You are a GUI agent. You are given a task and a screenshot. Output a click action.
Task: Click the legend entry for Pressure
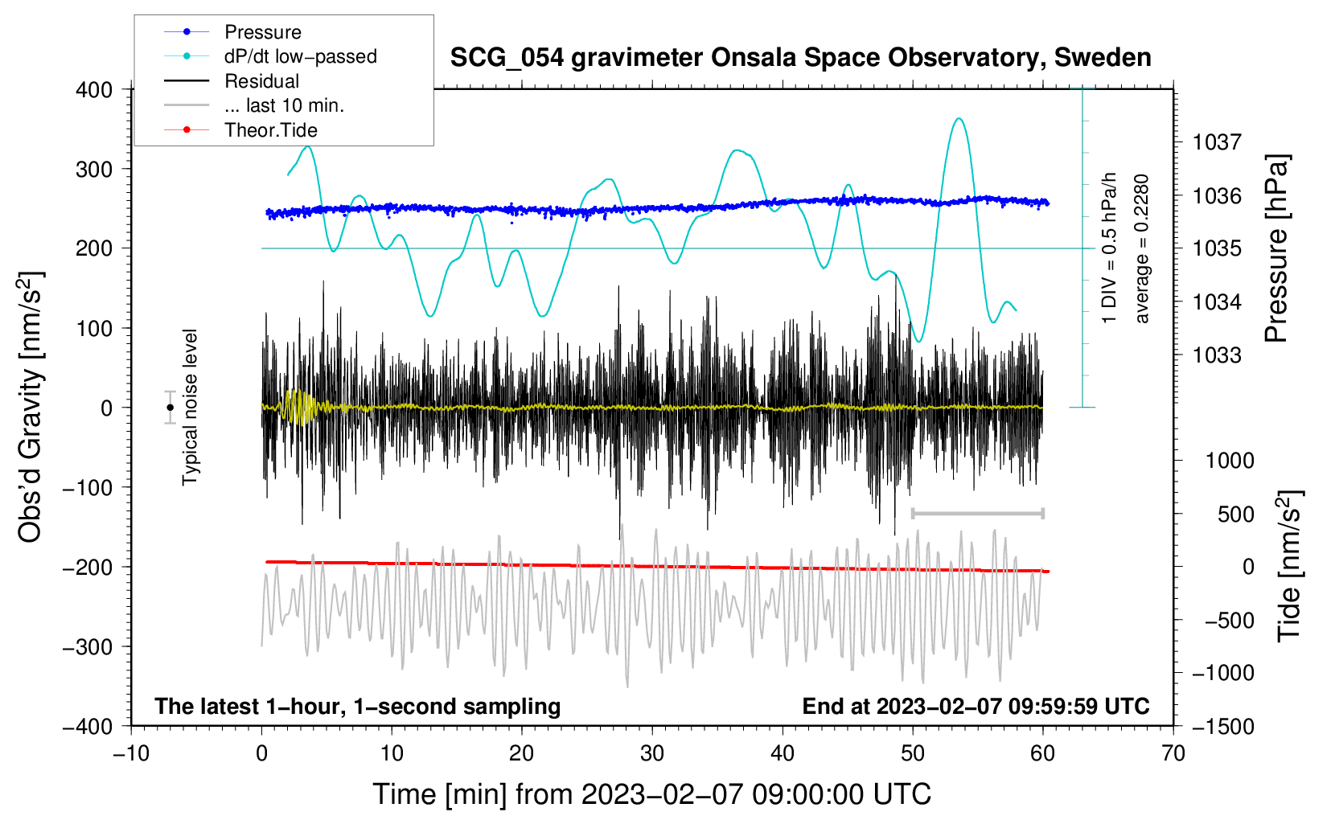point(262,32)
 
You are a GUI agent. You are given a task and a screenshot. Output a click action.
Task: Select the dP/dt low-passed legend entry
point(300,56)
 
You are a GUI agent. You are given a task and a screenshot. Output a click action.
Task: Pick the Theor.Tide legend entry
point(270,130)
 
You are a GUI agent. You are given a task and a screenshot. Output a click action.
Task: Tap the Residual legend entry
point(261,81)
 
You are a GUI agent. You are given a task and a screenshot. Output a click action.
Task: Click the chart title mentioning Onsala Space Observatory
point(800,58)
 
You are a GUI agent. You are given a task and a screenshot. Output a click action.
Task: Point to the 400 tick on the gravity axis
point(95,90)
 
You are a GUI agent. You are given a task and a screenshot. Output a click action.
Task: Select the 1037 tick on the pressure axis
point(1217,143)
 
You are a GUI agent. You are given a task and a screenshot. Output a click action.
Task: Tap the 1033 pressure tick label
point(1217,355)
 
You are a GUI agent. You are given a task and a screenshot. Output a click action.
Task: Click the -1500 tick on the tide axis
point(1223,727)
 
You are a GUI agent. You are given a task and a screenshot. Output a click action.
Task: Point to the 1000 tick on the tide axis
point(1230,461)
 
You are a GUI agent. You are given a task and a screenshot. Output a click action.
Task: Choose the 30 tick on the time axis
point(652,754)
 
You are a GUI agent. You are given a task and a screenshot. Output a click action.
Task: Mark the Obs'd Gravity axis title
point(31,408)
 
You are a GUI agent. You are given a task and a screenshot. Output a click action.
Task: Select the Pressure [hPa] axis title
point(1277,248)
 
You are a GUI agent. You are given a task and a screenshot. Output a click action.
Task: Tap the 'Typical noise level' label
point(190,407)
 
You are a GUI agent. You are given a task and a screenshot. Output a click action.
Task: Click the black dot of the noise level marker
point(170,408)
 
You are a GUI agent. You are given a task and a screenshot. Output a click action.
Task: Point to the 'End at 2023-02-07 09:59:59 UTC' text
point(976,707)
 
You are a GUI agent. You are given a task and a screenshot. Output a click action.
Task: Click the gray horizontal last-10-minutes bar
point(977,513)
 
